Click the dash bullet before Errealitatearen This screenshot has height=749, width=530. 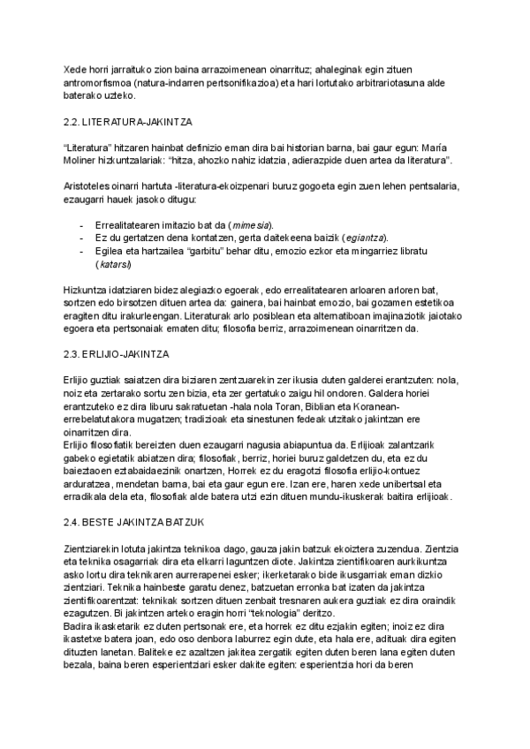82,226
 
